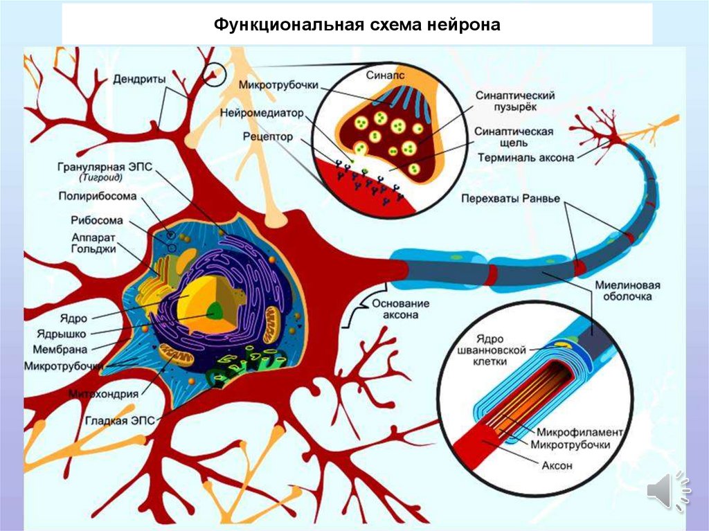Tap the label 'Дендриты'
click(139, 79)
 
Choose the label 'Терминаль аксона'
click(526, 157)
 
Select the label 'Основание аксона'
click(401, 309)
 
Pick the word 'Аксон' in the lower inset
click(557, 465)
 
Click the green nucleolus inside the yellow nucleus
click(216, 311)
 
